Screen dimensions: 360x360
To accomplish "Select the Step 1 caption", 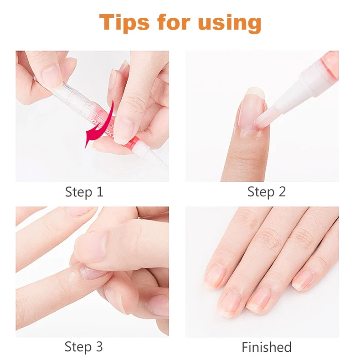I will click(84, 192).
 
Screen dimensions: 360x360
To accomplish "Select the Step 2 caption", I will click(267, 192).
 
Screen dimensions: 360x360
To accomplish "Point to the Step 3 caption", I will click(84, 347).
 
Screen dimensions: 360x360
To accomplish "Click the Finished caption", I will click(267, 347).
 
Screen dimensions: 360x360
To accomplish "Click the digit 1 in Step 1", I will click(99, 192).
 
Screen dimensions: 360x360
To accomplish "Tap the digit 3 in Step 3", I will click(99, 347).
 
